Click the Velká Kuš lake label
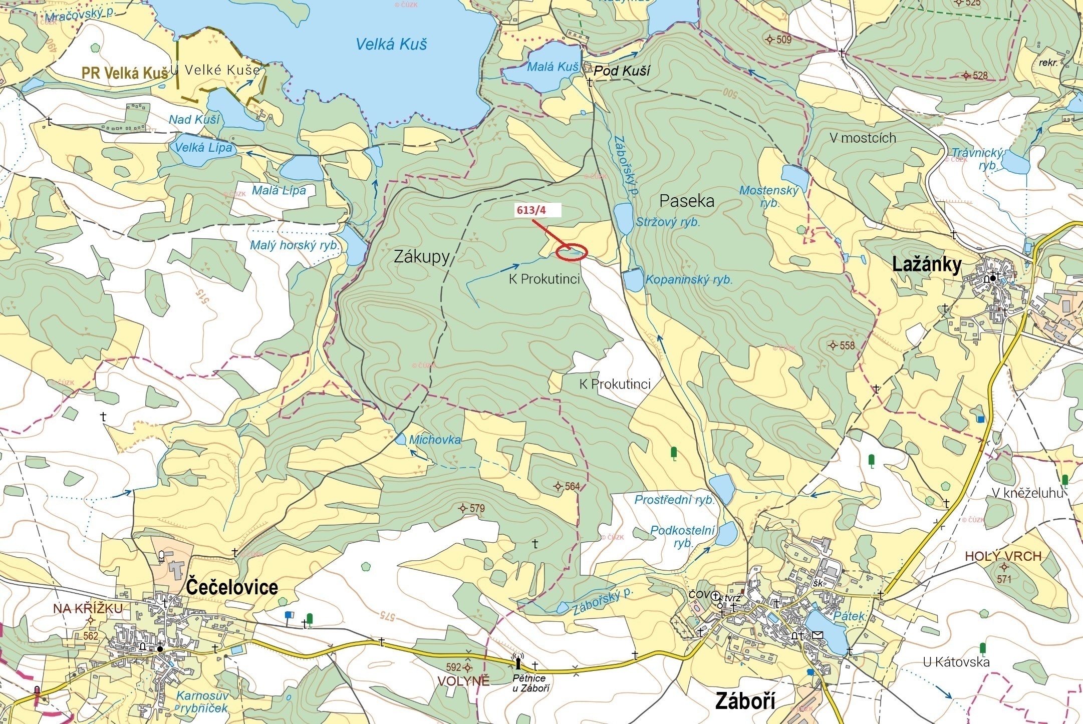391,45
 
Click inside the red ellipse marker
572,252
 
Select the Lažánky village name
927,264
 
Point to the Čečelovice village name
232,587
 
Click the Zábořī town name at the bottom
745,701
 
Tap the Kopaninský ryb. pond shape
633,280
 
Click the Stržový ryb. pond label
668,222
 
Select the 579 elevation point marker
463,509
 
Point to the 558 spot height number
848,345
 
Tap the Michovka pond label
435,440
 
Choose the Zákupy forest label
422,257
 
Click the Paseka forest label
686,201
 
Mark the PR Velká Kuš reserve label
125,73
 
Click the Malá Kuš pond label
553,67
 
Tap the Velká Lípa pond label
203,148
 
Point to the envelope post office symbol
818,635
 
